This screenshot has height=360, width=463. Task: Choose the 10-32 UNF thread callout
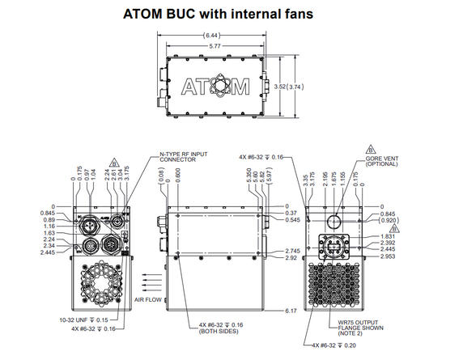click(83, 321)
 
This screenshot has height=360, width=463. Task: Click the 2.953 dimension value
click(389, 256)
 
